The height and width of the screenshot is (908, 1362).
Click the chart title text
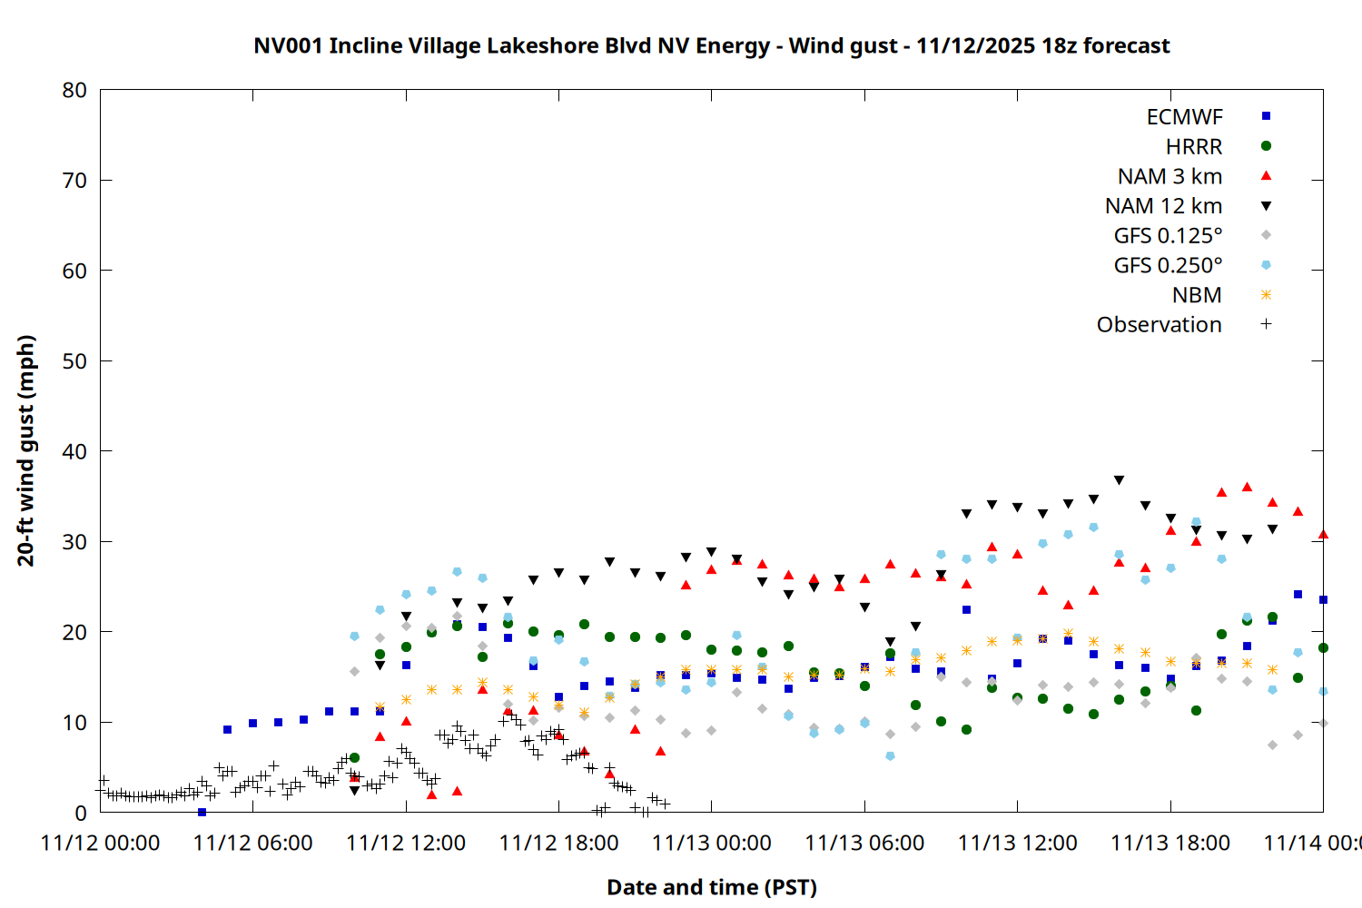tap(711, 45)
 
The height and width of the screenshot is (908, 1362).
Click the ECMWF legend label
tap(1184, 117)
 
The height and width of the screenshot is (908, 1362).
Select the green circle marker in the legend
tap(1266, 146)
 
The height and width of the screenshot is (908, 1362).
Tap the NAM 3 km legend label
tap(1170, 176)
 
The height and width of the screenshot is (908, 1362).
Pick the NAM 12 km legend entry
tap(1163, 206)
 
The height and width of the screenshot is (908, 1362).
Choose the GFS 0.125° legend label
tap(1168, 236)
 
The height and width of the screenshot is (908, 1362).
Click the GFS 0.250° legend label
tap(1168, 265)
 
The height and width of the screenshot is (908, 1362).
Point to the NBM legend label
tap(1197, 295)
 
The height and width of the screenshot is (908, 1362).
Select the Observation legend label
tap(1159, 325)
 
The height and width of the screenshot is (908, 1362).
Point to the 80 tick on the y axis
tap(74, 90)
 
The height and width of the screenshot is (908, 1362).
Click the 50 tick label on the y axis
tap(74, 361)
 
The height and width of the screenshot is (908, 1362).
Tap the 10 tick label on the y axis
tap(74, 723)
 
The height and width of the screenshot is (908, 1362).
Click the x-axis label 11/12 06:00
tap(252, 843)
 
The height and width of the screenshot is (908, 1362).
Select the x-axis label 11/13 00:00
tap(711, 843)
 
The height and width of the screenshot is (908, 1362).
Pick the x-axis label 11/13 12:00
tap(1017, 843)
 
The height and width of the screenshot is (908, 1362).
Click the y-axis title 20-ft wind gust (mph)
tap(26, 450)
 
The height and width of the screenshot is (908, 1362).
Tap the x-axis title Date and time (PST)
tap(711, 887)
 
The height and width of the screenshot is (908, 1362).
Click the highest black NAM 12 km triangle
tap(1119, 480)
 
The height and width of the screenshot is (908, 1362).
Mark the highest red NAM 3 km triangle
tap(1247, 487)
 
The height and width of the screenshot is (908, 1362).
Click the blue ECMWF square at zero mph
tap(202, 812)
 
